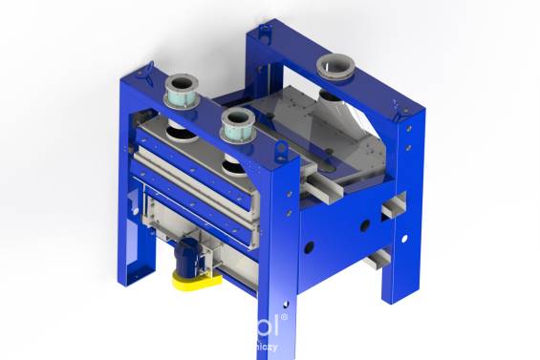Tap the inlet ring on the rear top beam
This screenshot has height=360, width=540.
pyautogui.click(x=335, y=67)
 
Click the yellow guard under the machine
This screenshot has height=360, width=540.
pyautogui.click(x=191, y=279)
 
